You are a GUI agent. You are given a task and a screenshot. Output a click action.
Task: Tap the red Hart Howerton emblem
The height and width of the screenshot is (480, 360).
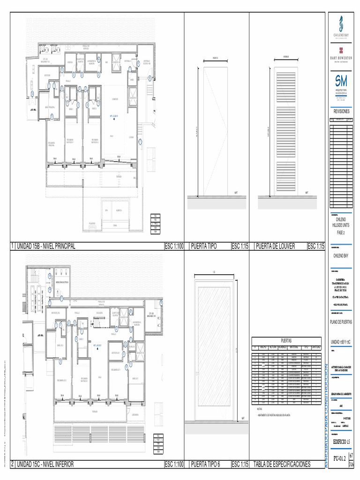[341, 50]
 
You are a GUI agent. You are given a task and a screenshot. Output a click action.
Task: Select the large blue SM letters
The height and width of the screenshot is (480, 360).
[341, 81]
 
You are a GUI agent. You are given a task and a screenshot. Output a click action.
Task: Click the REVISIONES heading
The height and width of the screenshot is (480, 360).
[341, 111]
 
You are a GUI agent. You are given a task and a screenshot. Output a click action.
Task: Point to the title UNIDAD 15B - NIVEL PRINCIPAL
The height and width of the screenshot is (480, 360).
[45, 247]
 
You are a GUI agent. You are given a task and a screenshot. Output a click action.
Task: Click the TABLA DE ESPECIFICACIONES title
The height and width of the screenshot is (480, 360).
[282, 464]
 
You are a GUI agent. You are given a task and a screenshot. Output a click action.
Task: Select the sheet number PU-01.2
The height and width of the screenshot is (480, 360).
[339, 458]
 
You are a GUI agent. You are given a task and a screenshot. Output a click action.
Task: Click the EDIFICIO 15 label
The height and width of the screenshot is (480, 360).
[341, 442]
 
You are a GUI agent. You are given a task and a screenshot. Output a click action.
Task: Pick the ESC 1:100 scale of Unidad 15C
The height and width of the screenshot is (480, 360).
[174, 464]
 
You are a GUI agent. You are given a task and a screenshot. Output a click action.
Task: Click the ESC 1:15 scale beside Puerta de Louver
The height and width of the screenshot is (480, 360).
[315, 247]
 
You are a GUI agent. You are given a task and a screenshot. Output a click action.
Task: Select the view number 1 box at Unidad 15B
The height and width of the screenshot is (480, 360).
[12, 247]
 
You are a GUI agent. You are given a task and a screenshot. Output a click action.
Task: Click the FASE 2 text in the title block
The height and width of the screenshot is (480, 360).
[341, 232]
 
